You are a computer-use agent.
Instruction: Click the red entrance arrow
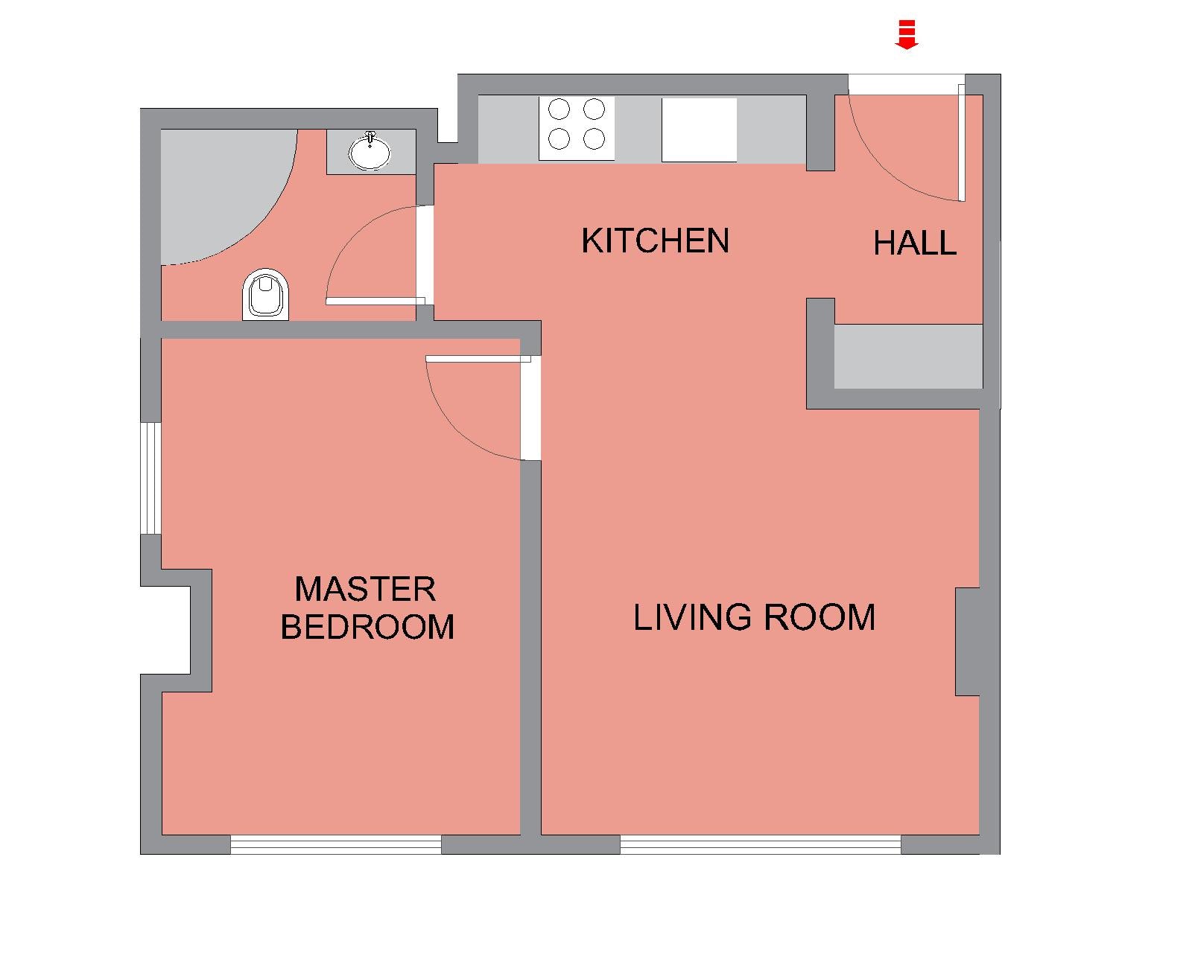click(906, 34)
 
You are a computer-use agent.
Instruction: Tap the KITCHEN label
click(656, 241)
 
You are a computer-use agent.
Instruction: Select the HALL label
click(915, 243)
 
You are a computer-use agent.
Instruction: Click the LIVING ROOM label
click(754, 617)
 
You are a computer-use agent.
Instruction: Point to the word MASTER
click(366, 589)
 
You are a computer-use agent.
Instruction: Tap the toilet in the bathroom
click(266, 295)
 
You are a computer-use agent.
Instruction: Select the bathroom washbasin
click(370, 151)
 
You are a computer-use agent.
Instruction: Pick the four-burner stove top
click(577, 129)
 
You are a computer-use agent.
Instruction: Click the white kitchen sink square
click(699, 130)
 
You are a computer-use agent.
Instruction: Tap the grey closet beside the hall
click(908, 357)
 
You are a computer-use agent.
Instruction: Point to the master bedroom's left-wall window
click(150, 479)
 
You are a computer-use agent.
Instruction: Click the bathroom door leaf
click(375, 302)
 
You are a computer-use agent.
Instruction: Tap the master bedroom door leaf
click(478, 359)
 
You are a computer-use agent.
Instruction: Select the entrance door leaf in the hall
click(962, 142)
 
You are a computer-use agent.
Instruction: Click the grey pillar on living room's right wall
click(968, 642)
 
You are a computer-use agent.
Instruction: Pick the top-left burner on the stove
click(559, 109)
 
